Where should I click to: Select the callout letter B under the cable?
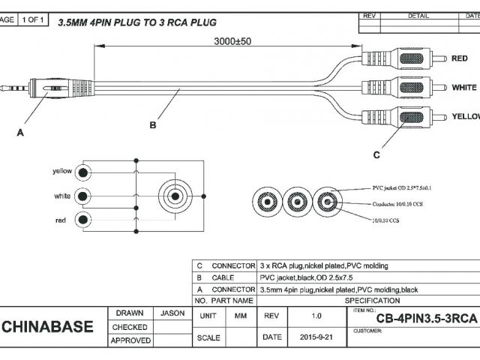[153, 125]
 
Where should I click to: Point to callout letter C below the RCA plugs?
[376, 154]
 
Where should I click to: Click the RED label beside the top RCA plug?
[460, 58]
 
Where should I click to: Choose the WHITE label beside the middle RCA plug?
[463, 88]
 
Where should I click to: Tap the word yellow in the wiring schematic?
[62, 171]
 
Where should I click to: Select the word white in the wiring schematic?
[63, 196]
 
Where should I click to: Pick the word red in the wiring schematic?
[61, 220]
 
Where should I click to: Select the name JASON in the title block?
[172, 313]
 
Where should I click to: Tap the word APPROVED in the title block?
[130, 340]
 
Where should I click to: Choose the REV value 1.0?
[316, 316]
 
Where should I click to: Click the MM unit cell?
[241, 316]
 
